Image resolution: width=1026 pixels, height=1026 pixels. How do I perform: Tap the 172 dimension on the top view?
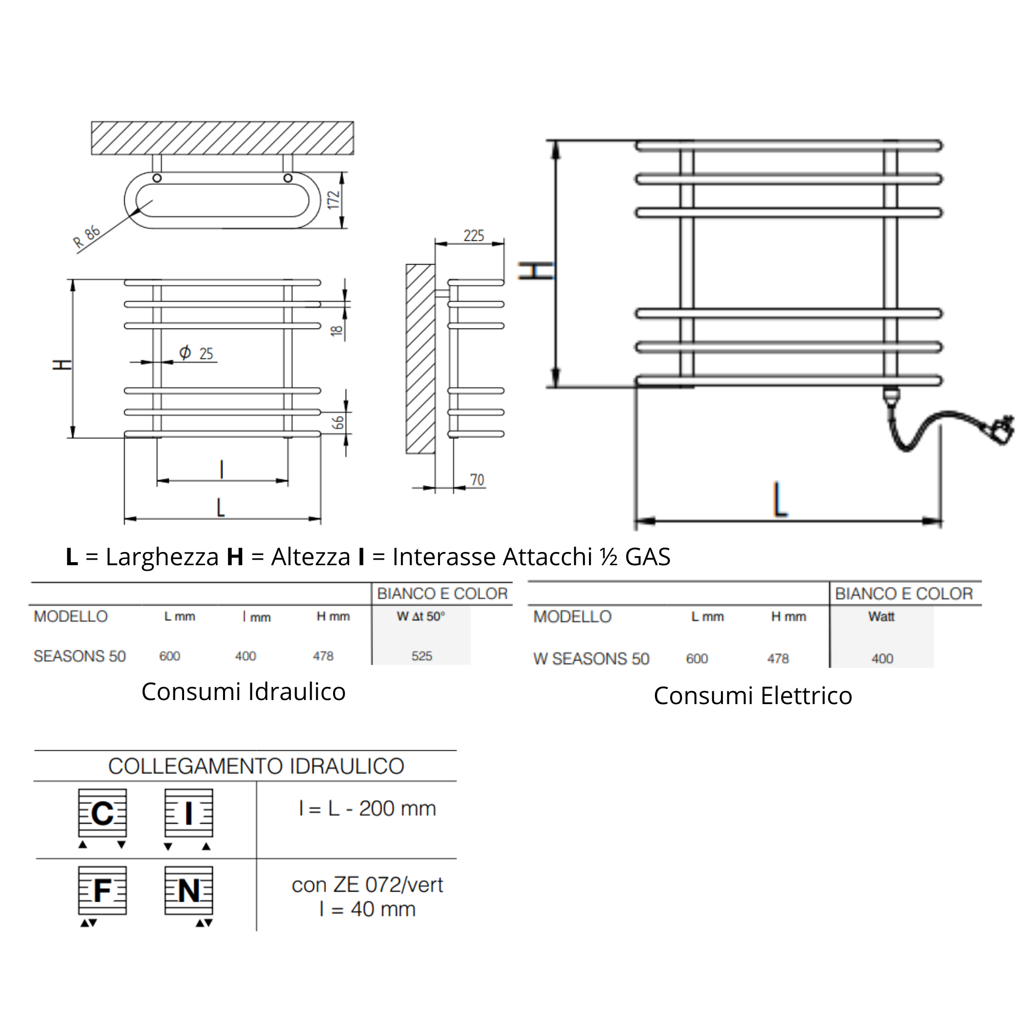point(333,200)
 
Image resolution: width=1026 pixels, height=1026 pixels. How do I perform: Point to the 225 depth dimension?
point(473,235)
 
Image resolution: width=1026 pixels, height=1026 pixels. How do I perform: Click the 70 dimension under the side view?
point(477,480)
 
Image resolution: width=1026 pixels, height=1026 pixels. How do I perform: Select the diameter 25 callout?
point(196,353)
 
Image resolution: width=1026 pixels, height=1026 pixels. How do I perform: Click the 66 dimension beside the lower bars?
point(338,423)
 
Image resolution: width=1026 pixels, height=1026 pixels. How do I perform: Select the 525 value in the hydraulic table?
point(422,656)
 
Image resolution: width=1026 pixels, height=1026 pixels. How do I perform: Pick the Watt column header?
point(882,616)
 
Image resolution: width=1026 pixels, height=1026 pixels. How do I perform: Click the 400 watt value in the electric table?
point(882,658)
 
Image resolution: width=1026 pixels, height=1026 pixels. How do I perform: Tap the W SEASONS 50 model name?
point(591,658)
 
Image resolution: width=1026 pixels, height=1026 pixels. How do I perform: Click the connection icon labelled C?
point(102,813)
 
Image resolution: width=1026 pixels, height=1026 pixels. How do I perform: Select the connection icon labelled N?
point(189,891)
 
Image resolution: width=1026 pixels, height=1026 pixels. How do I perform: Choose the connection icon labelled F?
point(102,891)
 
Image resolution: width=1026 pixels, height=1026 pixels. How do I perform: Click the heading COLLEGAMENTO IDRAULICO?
point(256,766)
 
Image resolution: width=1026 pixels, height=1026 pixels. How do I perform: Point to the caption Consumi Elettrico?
point(752,695)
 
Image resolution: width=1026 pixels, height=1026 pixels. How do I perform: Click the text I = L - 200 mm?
point(368,808)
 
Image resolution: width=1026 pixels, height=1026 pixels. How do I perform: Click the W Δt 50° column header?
point(421,616)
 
